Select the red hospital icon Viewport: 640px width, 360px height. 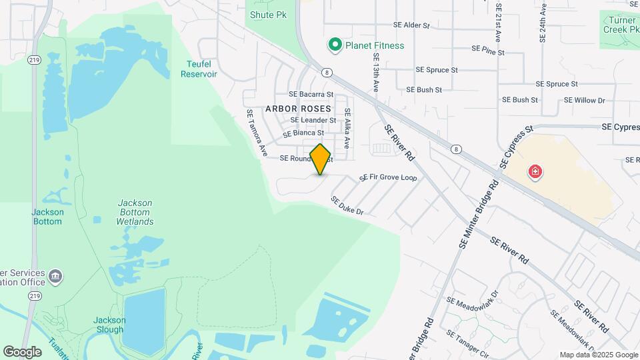[x=535, y=173]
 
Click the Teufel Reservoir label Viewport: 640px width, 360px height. [x=199, y=69]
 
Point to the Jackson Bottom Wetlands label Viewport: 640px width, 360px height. [x=135, y=212]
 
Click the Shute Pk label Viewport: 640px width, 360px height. [x=269, y=15]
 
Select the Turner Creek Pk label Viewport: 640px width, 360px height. [x=621, y=25]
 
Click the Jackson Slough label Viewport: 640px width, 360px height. [x=108, y=325]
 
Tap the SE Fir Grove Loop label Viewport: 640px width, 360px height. [x=388, y=178]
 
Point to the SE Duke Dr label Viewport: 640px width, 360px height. [x=347, y=206]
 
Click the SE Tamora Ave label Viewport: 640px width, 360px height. [x=257, y=133]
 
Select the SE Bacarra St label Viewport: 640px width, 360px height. [x=311, y=95]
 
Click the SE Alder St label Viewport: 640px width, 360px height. [x=412, y=25]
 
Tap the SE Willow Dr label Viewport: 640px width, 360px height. [x=584, y=100]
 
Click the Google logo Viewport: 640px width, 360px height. [x=22, y=351]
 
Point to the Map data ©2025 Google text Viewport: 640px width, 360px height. [x=598, y=355]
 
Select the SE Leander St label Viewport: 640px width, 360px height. [x=313, y=120]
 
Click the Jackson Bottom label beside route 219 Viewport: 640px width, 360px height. [x=48, y=217]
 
